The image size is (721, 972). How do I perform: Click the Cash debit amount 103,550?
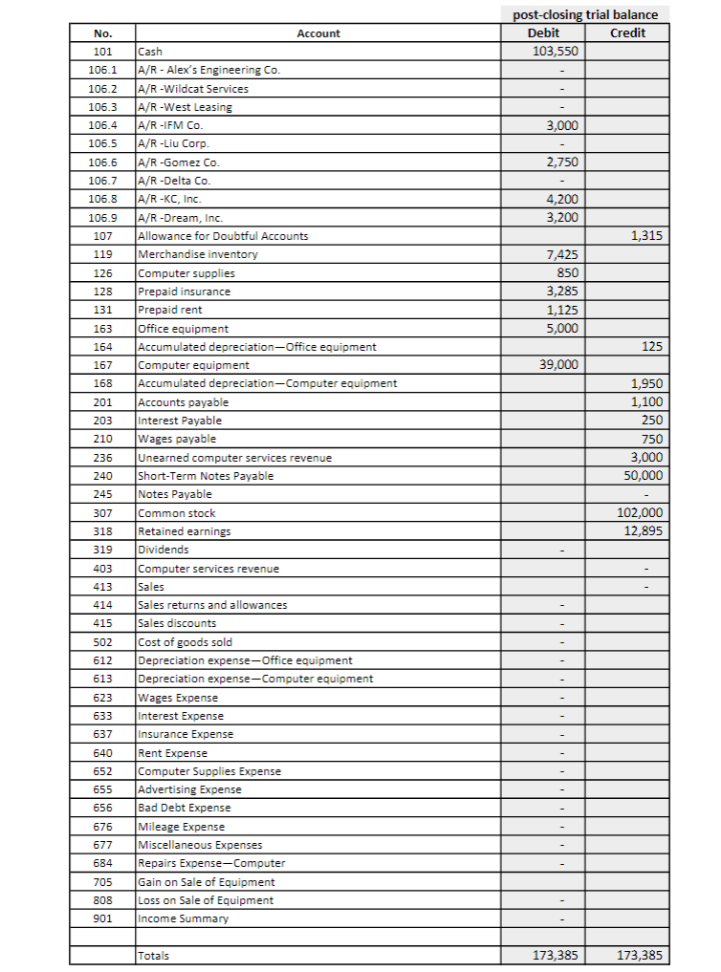(555, 52)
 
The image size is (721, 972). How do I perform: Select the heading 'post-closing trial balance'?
(585, 14)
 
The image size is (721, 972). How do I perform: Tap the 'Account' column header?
(318, 33)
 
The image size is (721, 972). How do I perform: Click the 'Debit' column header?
(543, 33)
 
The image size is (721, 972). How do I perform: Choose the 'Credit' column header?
(627, 33)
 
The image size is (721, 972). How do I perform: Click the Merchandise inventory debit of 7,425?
(560, 254)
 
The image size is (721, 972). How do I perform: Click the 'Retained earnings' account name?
(185, 531)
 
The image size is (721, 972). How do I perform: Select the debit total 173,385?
(554, 956)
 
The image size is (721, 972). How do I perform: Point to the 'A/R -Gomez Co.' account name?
(179, 162)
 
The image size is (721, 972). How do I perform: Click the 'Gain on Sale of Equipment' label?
(207, 882)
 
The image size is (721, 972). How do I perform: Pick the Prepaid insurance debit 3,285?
(560, 292)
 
